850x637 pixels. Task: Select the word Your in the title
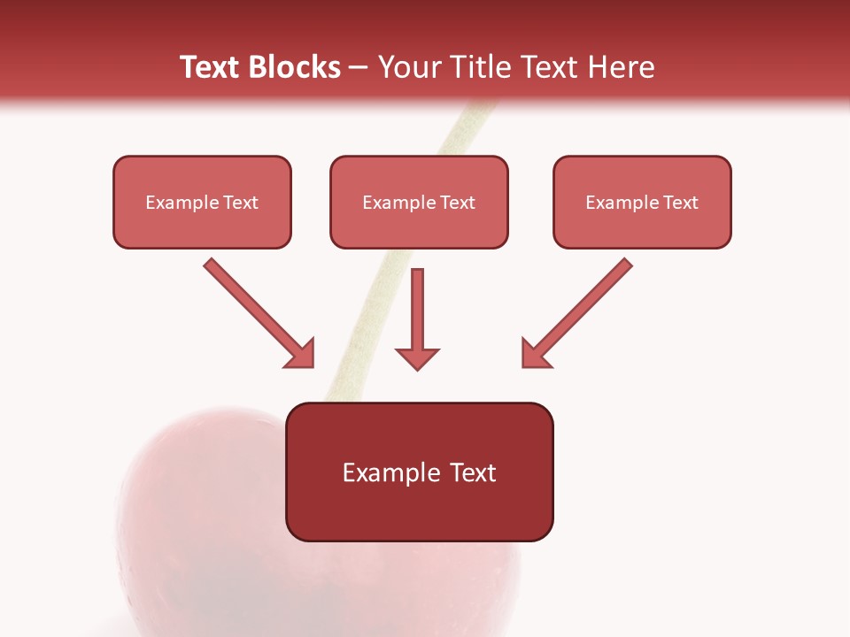pos(412,67)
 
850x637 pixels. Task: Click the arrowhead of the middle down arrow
pos(417,357)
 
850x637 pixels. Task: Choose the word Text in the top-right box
pos(680,203)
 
